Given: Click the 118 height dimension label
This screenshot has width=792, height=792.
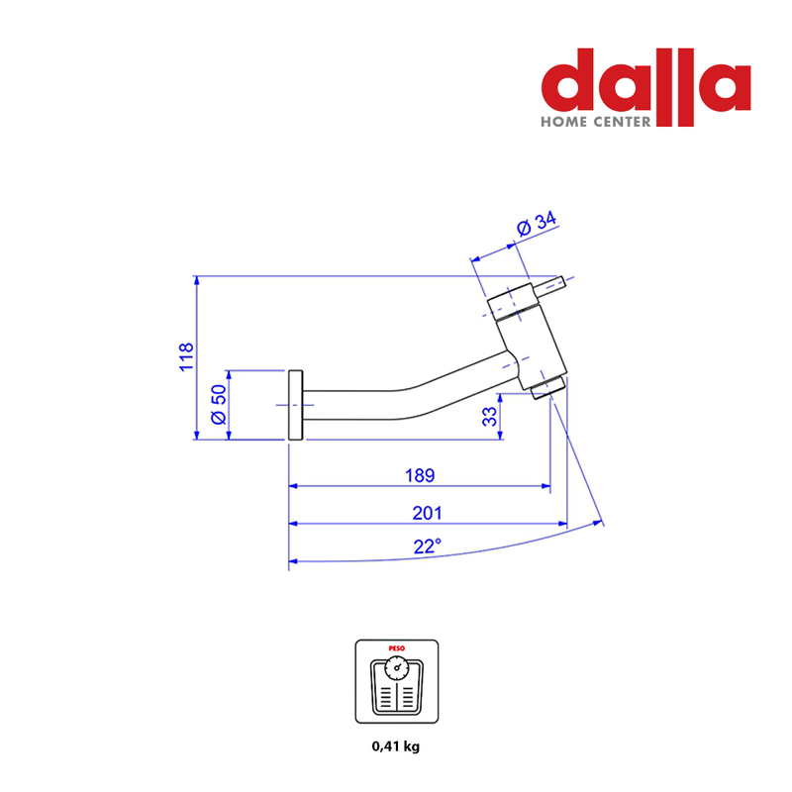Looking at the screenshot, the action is [x=186, y=356].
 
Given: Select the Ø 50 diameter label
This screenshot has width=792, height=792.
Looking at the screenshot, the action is [x=218, y=405].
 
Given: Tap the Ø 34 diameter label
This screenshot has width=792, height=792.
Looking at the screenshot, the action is [x=537, y=224].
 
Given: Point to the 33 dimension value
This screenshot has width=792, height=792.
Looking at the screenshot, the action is [x=489, y=417].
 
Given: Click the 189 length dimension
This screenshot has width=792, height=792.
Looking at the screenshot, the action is [x=420, y=475].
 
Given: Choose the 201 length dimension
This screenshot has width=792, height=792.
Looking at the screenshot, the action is [x=427, y=513].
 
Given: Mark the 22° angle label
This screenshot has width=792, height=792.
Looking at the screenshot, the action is [x=428, y=546].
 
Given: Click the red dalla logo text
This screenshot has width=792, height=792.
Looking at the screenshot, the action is [x=646, y=87].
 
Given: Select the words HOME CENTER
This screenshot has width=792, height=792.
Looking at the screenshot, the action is [x=596, y=122].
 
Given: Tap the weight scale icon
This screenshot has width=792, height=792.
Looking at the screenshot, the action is [x=397, y=681].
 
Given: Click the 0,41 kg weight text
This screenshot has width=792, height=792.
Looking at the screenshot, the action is [x=395, y=746].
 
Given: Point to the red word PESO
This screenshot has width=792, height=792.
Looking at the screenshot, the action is [x=397, y=648].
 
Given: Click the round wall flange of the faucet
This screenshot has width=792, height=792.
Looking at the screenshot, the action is [x=295, y=405].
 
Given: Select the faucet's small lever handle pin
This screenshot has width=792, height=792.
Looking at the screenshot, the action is [x=549, y=287].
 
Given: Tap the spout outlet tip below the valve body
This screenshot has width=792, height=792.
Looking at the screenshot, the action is [x=548, y=388].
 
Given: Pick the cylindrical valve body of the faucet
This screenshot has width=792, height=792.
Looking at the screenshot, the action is [x=528, y=336].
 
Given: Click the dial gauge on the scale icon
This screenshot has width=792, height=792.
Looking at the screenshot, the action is [x=397, y=667].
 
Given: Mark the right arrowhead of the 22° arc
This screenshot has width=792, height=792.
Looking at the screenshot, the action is [x=598, y=524].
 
